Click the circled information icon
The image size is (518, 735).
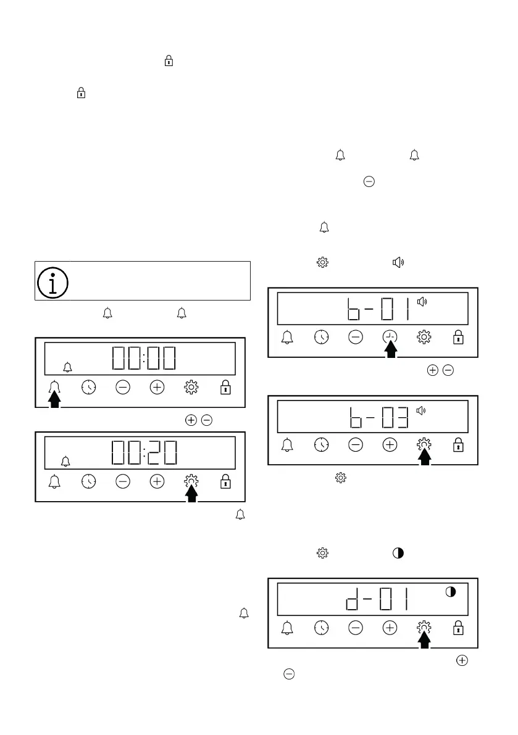(53, 281)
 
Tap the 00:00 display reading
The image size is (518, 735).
(143, 359)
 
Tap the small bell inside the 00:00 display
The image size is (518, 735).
(68, 368)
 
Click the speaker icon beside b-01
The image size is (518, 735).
(422, 302)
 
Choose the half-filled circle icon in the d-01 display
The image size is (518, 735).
(451, 592)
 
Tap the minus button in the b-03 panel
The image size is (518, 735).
(356, 445)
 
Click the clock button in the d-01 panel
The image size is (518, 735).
(321, 628)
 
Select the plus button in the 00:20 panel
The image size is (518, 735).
(157, 481)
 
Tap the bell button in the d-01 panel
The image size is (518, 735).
(287, 628)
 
